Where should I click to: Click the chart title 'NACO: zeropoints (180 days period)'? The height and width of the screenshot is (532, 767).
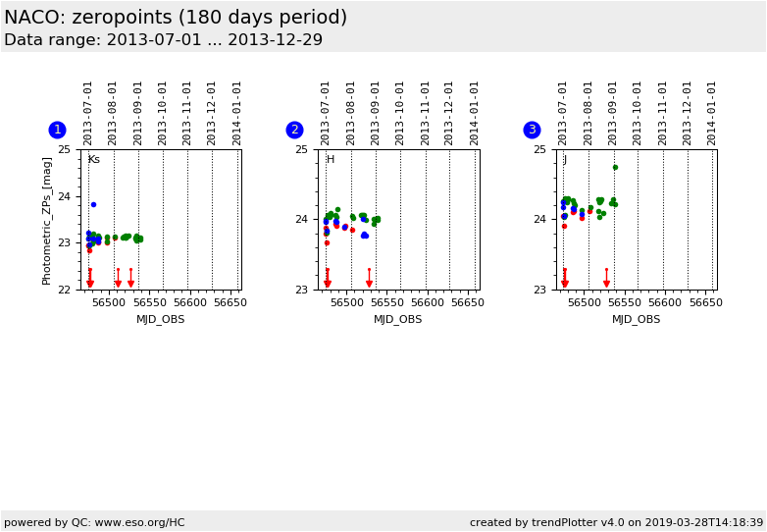pyautogui.click(x=176, y=18)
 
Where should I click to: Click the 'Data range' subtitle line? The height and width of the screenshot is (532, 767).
pyautogui.click(x=163, y=40)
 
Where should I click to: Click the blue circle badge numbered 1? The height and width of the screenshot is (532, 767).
pyautogui.click(x=57, y=130)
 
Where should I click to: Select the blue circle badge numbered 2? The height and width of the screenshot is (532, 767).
pyautogui.click(x=294, y=130)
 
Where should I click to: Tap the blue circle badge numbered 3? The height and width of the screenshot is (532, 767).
pyautogui.click(x=532, y=130)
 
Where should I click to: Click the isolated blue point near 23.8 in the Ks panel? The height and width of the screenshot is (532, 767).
pyautogui.click(x=93, y=204)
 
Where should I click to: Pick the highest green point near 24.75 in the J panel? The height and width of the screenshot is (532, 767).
pyautogui.click(x=615, y=167)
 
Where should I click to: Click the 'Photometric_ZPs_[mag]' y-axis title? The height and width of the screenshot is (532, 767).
pyautogui.click(x=47, y=220)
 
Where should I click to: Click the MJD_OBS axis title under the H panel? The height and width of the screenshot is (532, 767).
pyautogui.click(x=398, y=319)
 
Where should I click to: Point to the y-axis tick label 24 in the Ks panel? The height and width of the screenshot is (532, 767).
pyautogui.click(x=64, y=196)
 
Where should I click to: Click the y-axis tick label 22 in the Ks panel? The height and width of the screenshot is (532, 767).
pyautogui.click(x=64, y=290)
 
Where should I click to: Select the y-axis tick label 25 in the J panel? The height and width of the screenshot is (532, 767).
pyautogui.click(x=539, y=149)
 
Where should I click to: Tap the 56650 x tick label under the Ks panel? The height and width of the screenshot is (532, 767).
pyautogui.click(x=230, y=303)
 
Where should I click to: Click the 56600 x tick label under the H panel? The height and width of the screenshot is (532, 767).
pyautogui.click(x=427, y=303)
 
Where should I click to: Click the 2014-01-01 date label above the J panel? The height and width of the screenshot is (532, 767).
pyautogui.click(x=712, y=112)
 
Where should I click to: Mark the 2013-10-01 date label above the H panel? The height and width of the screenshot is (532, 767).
pyautogui.click(x=400, y=112)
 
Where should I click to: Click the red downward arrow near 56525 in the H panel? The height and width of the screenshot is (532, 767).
pyautogui.click(x=369, y=283)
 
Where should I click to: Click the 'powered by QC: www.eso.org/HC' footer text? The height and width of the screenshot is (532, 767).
pyautogui.click(x=94, y=522)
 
